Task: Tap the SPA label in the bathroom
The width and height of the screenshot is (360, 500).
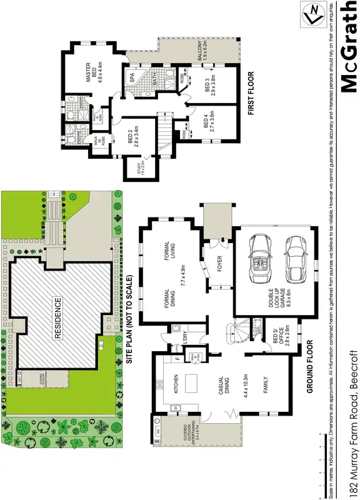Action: pos(132,77)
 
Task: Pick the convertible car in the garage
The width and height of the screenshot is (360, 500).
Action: pos(258,260)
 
